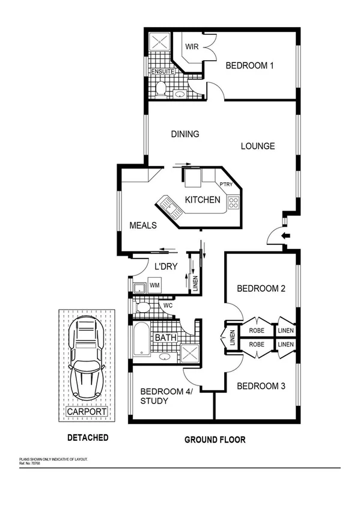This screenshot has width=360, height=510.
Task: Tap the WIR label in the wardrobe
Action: pos(192,46)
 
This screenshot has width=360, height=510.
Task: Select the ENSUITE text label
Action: pos(162,72)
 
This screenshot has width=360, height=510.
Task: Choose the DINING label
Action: pos(185,134)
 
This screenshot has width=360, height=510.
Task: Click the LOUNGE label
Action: pos(258,146)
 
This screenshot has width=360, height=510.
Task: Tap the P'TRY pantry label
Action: pos(226,185)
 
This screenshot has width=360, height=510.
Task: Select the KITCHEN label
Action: pos(202,200)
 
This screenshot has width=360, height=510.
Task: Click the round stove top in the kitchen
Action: pos(232,204)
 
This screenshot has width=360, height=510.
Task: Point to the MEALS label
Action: pos(143,226)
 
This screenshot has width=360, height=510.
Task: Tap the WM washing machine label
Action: pos(154,284)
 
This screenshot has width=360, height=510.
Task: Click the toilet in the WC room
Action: pos(143,308)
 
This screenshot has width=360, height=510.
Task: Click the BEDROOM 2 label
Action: pos(261,288)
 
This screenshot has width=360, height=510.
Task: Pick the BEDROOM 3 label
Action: pos(261,386)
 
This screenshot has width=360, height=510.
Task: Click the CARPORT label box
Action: pos(87,412)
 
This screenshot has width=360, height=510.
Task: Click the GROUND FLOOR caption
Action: pos(215,440)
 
